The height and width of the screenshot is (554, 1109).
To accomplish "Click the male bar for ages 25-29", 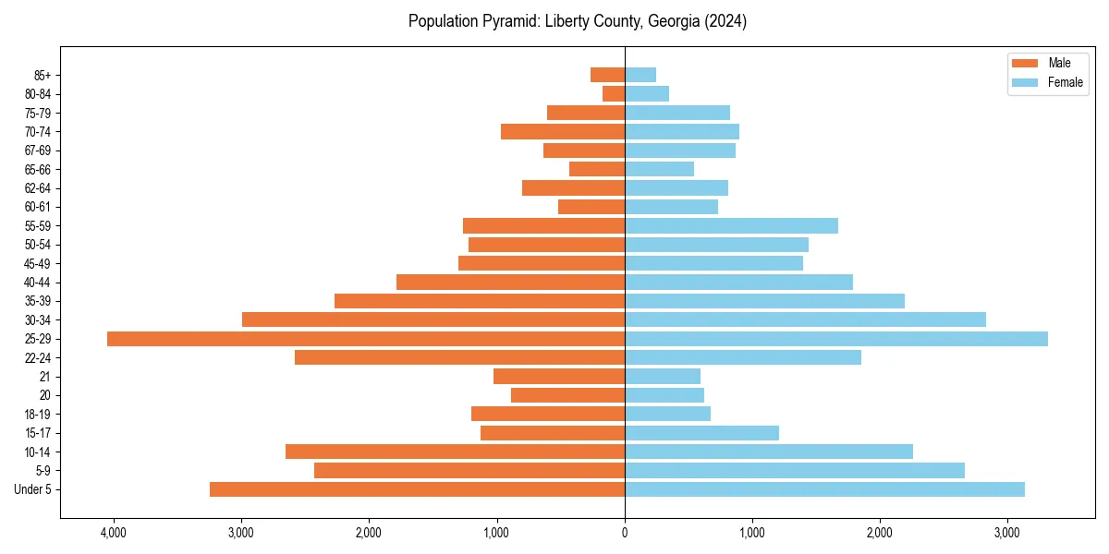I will point(366,339).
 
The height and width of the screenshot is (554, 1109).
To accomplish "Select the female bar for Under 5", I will point(824,489).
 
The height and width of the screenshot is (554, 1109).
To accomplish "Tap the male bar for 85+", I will point(608,75).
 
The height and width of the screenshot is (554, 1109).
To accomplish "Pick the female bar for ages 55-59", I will point(731,226).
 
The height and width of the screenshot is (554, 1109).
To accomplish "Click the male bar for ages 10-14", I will point(455,452).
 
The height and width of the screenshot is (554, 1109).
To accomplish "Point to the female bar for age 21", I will point(663,377).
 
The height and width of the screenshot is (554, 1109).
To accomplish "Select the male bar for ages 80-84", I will point(614,94).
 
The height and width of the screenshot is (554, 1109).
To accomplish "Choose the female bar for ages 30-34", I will point(805,319).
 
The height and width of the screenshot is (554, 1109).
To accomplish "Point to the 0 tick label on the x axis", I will point(625,533).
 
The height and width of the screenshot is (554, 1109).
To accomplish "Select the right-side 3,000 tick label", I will point(1007,533).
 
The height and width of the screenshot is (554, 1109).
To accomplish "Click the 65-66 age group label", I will point(38,170).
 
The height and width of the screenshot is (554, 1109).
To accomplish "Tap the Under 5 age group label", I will point(33,489).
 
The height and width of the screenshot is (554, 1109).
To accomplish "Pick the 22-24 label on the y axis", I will point(38,357).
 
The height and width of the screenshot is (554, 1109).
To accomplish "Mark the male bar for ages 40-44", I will point(510,283).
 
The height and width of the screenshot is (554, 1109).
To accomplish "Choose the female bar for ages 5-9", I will point(795,471).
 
